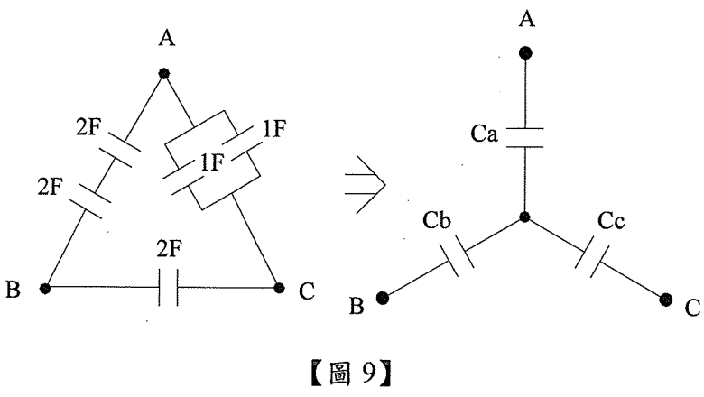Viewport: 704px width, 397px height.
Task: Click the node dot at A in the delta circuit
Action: pyautogui.click(x=163, y=73)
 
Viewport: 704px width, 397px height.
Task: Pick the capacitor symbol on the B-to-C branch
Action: pyautogui.click(x=163, y=290)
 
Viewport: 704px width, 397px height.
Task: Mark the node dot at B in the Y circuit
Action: pyautogui.click(x=383, y=299)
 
